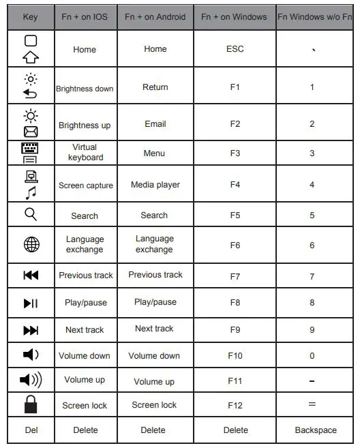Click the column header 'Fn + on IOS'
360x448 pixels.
click(x=85, y=16)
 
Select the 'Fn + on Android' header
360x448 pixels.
click(x=155, y=16)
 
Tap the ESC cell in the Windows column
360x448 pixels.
click(x=235, y=49)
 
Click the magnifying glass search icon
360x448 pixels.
click(x=31, y=215)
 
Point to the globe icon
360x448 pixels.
click(x=31, y=245)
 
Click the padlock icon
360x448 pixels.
click(x=31, y=404)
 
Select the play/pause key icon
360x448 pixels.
click(x=31, y=303)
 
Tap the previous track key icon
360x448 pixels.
click(x=31, y=275)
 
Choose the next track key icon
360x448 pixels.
click(x=31, y=330)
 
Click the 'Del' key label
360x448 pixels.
click(x=31, y=430)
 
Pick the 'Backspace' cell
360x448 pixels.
click(x=316, y=430)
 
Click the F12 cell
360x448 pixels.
click(x=235, y=405)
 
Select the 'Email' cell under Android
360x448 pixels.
click(x=155, y=124)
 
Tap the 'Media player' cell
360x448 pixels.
click(x=155, y=185)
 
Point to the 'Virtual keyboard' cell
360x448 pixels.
click(x=85, y=152)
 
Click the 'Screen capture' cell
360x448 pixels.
click(x=85, y=185)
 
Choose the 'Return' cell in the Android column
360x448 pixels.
click(x=155, y=87)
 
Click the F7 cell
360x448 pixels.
click(x=235, y=275)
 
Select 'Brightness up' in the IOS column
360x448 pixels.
click(x=85, y=125)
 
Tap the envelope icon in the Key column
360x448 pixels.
click(x=31, y=132)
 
